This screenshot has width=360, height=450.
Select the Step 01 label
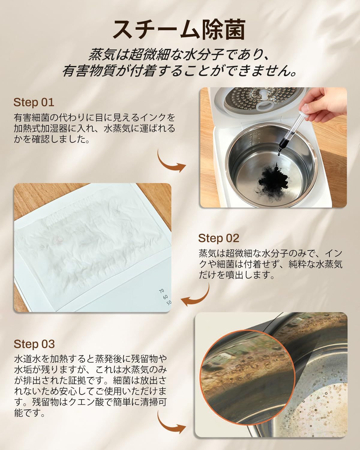(34, 102)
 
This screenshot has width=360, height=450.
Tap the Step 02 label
(218, 238)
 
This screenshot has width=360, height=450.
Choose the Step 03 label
(34, 344)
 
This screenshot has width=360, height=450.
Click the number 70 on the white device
(162, 291)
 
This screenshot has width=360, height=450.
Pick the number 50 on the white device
(169, 302)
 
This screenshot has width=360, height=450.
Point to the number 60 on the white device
(165, 297)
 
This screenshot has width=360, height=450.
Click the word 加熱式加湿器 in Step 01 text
(42, 128)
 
